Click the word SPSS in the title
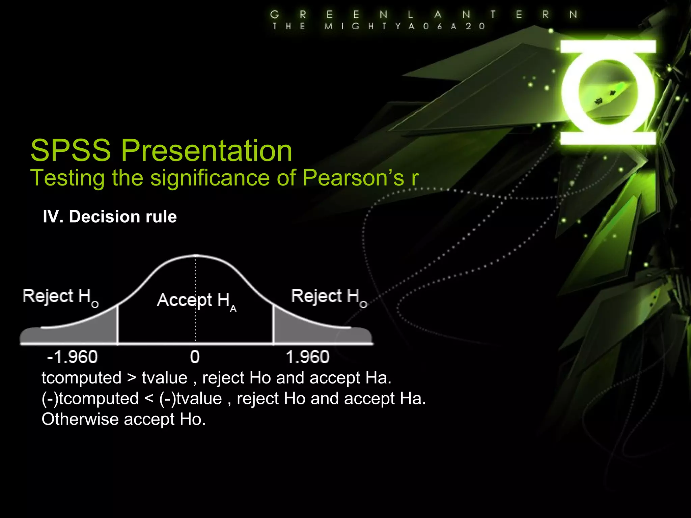[71, 150]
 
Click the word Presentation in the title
[206, 151]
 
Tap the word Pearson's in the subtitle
[353, 178]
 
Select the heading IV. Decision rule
[110, 217]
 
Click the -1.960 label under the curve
[73, 357]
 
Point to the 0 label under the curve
[195, 357]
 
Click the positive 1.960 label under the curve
[307, 357]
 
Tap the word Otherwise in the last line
[80, 419]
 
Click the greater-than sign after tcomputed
[132, 378]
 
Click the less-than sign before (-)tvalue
[149, 399]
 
